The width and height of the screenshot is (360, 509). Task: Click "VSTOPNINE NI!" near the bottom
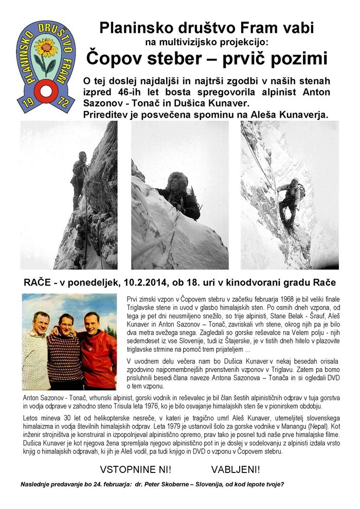click(135, 469)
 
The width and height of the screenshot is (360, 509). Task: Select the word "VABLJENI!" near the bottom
click(236, 469)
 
